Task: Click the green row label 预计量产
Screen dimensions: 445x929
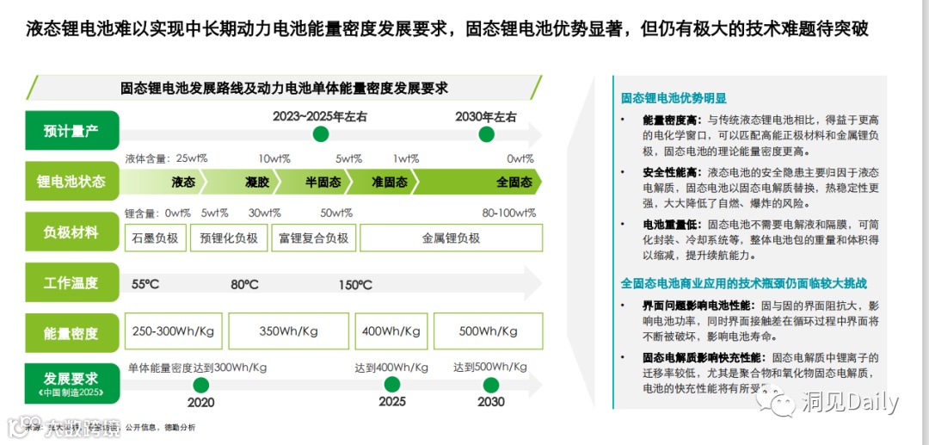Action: click(71, 132)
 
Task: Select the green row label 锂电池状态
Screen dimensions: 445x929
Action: click(71, 182)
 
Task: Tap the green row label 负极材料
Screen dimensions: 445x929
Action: click(71, 232)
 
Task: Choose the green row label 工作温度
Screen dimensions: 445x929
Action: click(71, 282)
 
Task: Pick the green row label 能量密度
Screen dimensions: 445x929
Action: click(71, 333)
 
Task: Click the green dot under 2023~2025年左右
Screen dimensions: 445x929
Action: click(321, 134)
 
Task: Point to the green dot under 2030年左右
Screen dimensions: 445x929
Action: click(486, 134)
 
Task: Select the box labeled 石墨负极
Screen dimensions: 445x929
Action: click(156, 238)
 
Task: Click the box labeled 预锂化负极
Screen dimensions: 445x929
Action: click(229, 238)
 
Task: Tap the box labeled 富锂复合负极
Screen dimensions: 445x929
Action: click(313, 238)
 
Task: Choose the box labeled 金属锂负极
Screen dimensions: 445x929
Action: click(451, 238)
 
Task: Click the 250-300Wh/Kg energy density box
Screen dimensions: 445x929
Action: click(174, 331)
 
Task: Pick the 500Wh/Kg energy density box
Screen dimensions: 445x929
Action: click(488, 331)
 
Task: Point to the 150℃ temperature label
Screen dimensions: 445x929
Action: click(355, 285)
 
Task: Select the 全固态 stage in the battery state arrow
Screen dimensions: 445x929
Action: click(514, 182)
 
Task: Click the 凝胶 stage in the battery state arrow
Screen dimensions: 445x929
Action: click(257, 182)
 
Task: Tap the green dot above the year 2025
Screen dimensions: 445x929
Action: click(392, 385)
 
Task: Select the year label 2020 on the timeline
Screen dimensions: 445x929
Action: click(200, 402)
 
